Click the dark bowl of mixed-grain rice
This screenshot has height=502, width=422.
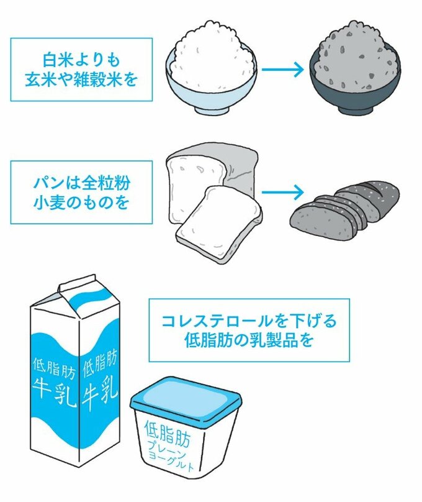351,78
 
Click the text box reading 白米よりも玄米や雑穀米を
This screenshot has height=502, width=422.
81,70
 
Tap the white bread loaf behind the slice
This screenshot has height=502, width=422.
205,171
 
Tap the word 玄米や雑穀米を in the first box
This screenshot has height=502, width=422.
81,80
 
